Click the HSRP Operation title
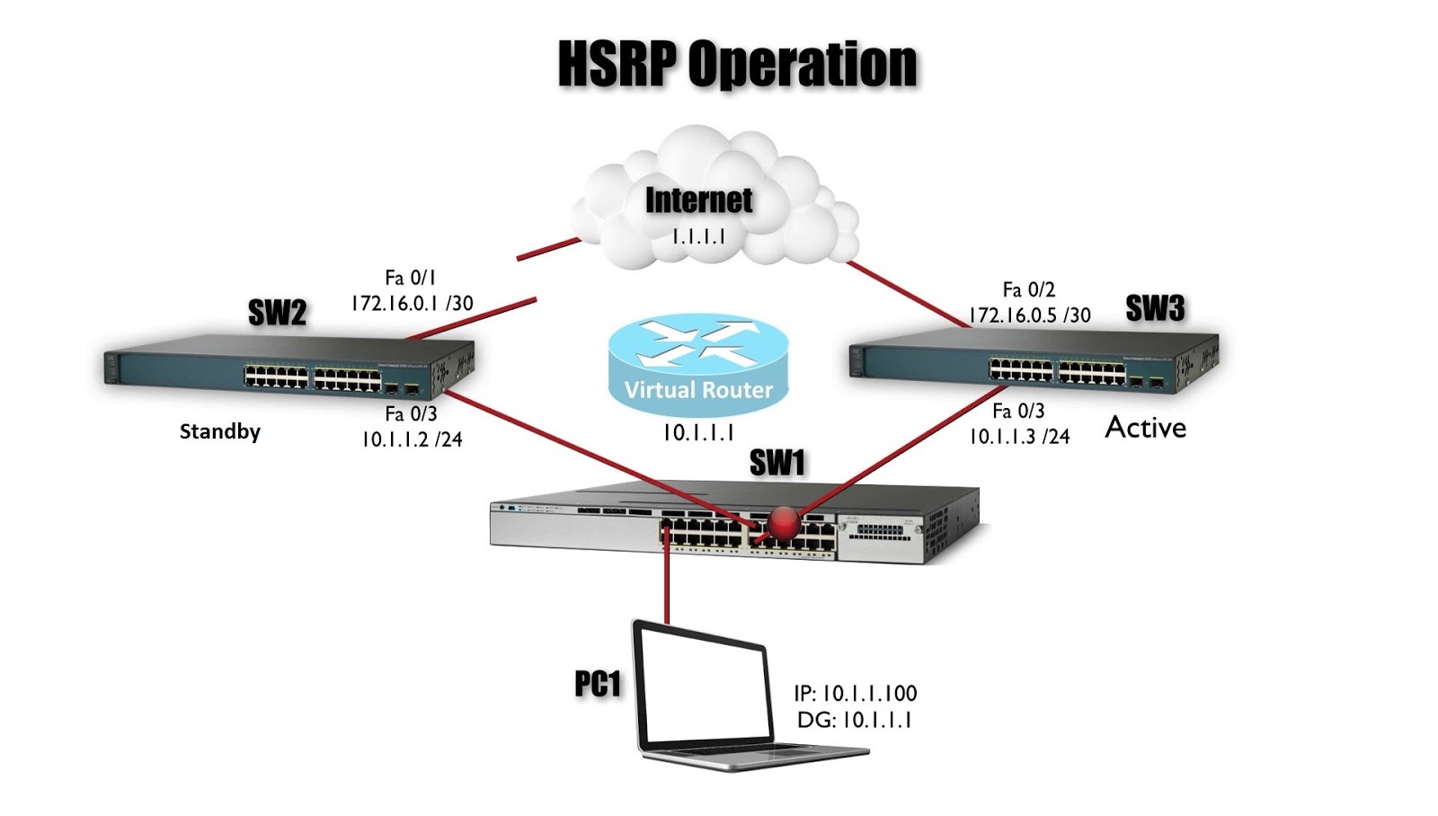[x=738, y=64]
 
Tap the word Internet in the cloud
[x=698, y=200]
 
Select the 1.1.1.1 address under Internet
[x=698, y=236]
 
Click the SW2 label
[x=278, y=313]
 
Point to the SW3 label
[x=1155, y=308]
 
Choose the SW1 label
[x=777, y=462]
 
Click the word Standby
[x=220, y=431]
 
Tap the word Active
[x=1145, y=428]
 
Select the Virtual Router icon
[x=698, y=364]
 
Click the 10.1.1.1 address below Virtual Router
[x=698, y=433]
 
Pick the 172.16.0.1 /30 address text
[x=413, y=303]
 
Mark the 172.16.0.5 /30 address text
[x=1029, y=315]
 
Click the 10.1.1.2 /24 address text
[x=413, y=439]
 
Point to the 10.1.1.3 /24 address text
[x=1019, y=437]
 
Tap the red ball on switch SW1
[x=784, y=524]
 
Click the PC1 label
[x=598, y=684]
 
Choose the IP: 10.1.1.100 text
[x=855, y=694]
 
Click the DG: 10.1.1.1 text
[x=855, y=721]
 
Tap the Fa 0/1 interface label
[x=411, y=278]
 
